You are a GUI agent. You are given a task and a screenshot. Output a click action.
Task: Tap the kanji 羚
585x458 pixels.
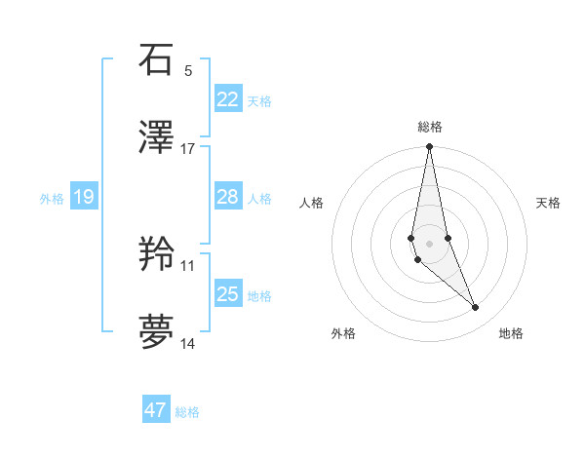[156, 255]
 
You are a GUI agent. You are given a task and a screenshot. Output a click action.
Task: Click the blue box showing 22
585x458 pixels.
[227, 99]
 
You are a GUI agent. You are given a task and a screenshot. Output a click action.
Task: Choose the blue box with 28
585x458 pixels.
[227, 197]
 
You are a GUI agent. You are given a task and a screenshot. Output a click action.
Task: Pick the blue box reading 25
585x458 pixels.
[227, 294]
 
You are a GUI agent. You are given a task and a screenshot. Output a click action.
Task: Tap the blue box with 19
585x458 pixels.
[83, 198]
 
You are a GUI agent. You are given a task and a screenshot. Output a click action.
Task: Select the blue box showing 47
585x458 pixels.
[156, 410]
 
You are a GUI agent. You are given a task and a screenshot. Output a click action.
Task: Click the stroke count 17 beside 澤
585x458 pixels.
[188, 149]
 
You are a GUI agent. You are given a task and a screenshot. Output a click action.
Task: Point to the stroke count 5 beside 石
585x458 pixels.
[188, 71]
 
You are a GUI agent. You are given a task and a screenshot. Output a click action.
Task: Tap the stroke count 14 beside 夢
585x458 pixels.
[188, 344]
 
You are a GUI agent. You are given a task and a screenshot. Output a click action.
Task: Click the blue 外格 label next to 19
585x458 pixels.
[52, 199]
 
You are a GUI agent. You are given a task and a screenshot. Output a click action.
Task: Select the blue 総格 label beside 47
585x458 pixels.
[187, 412]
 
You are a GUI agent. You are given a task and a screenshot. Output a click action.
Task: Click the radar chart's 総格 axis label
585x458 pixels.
[429, 127]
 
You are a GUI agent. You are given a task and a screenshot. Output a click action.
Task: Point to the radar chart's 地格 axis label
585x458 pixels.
[511, 333]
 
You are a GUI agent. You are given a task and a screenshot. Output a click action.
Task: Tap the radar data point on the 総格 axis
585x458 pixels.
[429, 147]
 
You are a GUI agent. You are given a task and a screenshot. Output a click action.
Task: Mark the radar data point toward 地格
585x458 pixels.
[476, 308]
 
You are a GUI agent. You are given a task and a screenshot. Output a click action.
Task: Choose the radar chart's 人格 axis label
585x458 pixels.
[312, 203]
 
